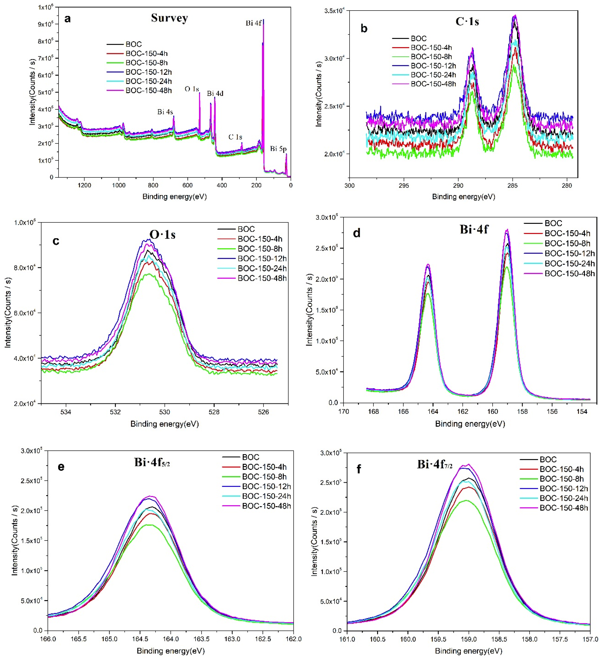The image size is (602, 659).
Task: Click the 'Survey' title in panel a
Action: tap(169, 18)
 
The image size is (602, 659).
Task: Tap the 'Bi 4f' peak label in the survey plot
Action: tap(253, 23)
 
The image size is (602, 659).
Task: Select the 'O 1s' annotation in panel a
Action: tap(192, 89)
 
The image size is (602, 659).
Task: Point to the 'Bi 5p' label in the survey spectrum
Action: tap(278, 149)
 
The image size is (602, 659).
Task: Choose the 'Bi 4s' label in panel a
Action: tap(165, 112)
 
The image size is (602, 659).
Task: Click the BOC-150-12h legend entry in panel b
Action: tap(433, 66)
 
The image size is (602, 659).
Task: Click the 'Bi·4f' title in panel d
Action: tap(474, 229)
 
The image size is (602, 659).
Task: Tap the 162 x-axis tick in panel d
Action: tap(463, 412)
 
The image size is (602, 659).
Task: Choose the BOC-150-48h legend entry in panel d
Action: tap(569, 274)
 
